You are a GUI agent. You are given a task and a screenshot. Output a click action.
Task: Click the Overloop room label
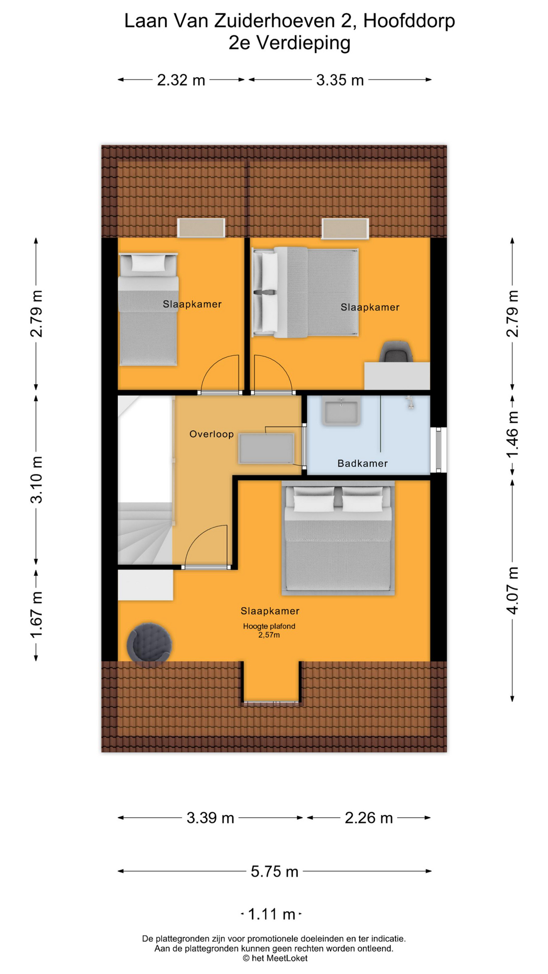(212, 434)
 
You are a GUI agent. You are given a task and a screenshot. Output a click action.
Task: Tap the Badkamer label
(362, 463)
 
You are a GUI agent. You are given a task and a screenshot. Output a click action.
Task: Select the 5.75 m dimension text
(275, 872)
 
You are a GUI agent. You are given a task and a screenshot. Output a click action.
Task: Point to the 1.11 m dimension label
(271, 914)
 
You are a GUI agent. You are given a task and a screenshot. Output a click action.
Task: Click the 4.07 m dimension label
(512, 590)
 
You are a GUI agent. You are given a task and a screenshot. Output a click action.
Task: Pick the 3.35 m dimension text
(340, 80)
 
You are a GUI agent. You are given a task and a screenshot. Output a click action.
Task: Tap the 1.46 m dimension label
(512, 434)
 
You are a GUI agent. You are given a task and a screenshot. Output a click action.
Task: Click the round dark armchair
(149, 643)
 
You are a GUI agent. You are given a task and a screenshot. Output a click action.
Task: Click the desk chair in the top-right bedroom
(396, 352)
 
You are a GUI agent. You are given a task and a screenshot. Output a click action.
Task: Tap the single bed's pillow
(148, 263)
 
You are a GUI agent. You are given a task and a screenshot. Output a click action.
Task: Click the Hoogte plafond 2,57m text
(269, 631)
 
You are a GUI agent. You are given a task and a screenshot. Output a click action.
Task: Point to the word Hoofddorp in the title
(409, 21)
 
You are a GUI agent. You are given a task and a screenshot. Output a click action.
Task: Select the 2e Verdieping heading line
(289, 43)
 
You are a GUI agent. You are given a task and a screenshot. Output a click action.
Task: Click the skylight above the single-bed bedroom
(201, 228)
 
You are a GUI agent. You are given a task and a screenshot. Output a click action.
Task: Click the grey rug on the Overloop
(266, 448)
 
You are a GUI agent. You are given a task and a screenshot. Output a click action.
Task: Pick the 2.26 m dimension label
(369, 818)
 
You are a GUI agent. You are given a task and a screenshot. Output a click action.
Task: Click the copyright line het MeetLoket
(275, 958)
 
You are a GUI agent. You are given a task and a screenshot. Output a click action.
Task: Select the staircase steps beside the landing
(145, 533)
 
